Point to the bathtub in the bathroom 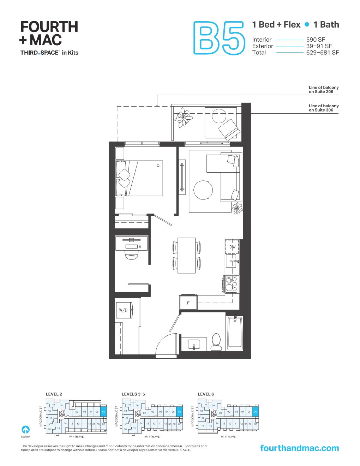click(234, 333)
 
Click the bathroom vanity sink click(194, 343)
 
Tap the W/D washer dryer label click(123, 310)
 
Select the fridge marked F click(188, 303)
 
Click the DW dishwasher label click(232, 247)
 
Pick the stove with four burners click(232, 284)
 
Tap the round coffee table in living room click(203, 190)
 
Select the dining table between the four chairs click(186, 255)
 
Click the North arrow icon click(25, 430)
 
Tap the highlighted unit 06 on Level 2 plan click(103, 412)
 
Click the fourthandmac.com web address click(299, 448)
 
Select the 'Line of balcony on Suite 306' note click(323, 108)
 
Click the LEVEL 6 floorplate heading click(206, 394)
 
